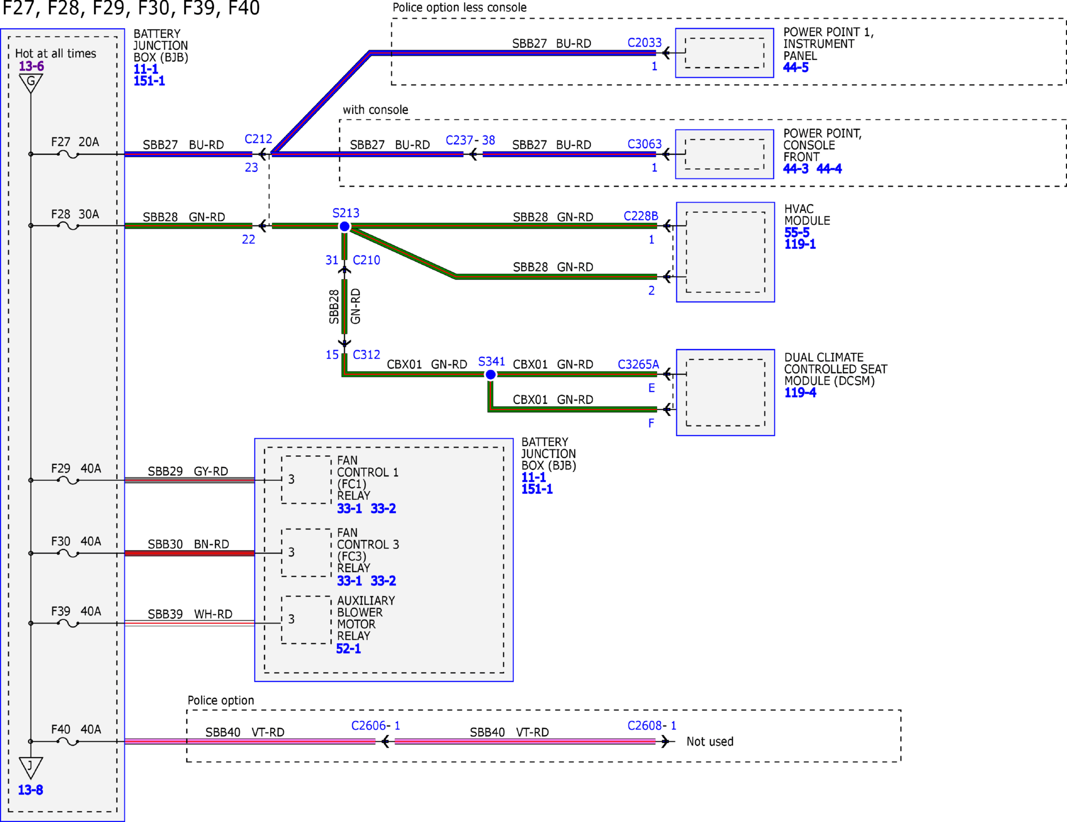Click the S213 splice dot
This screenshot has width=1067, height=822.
(x=345, y=226)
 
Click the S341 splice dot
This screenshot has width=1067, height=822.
(x=491, y=374)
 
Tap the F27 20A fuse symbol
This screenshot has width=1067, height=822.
(x=68, y=154)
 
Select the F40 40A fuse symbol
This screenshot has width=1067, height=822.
(x=68, y=741)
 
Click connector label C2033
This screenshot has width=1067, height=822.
(x=644, y=43)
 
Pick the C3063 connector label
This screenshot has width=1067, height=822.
(x=644, y=144)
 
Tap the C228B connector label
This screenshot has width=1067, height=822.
(x=641, y=216)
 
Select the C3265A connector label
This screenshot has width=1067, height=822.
(x=638, y=364)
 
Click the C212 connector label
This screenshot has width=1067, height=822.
(x=258, y=139)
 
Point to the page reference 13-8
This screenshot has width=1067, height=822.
(x=31, y=790)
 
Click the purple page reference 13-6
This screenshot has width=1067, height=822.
(x=31, y=66)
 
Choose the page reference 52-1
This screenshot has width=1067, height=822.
(x=348, y=649)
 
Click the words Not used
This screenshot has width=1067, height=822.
(x=710, y=741)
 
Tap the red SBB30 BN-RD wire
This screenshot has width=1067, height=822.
(x=189, y=553)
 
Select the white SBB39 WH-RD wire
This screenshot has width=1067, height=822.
(x=189, y=623)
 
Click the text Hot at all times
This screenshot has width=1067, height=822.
(x=56, y=54)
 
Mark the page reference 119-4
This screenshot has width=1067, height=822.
(x=800, y=393)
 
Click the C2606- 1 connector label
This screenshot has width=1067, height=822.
(x=375, y=725)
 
